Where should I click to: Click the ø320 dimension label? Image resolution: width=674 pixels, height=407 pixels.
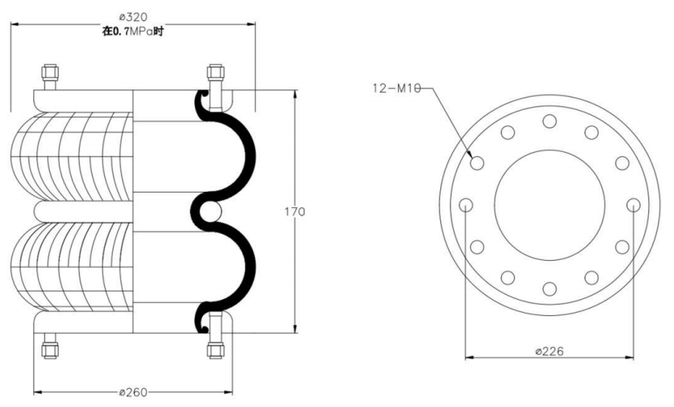(x=133, y=17)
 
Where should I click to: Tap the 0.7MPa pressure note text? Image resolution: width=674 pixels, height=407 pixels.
(x=133, y=32)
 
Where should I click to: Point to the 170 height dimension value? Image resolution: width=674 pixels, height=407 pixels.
(x=295, y=212)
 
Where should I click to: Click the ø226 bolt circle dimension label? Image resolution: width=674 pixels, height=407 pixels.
(x=549, y=352)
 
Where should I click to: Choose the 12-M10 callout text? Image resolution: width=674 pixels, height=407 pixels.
(x=396, y=89)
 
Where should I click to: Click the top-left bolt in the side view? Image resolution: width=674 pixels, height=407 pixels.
(x=50, y=77)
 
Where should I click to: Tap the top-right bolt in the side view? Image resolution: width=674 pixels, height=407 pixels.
(x=215, y=77)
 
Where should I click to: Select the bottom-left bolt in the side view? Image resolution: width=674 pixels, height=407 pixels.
(x=50, y=345)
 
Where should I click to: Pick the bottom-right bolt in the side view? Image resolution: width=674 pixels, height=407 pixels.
(x=215, y=345)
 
